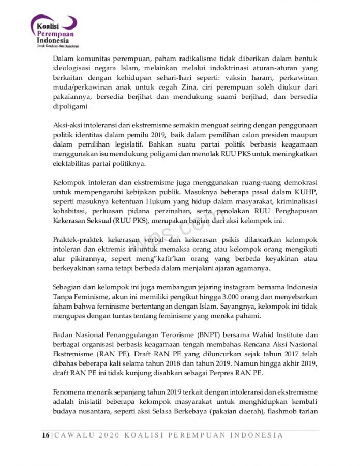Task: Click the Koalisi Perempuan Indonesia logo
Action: pyautogui.click(x=54, y=31)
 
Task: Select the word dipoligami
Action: pyautogui.click(x=72, y=107)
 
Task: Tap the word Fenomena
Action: pyautogui.click(x=71, y=392)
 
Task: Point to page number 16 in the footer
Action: pyautogui.click(x=46, y=435)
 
